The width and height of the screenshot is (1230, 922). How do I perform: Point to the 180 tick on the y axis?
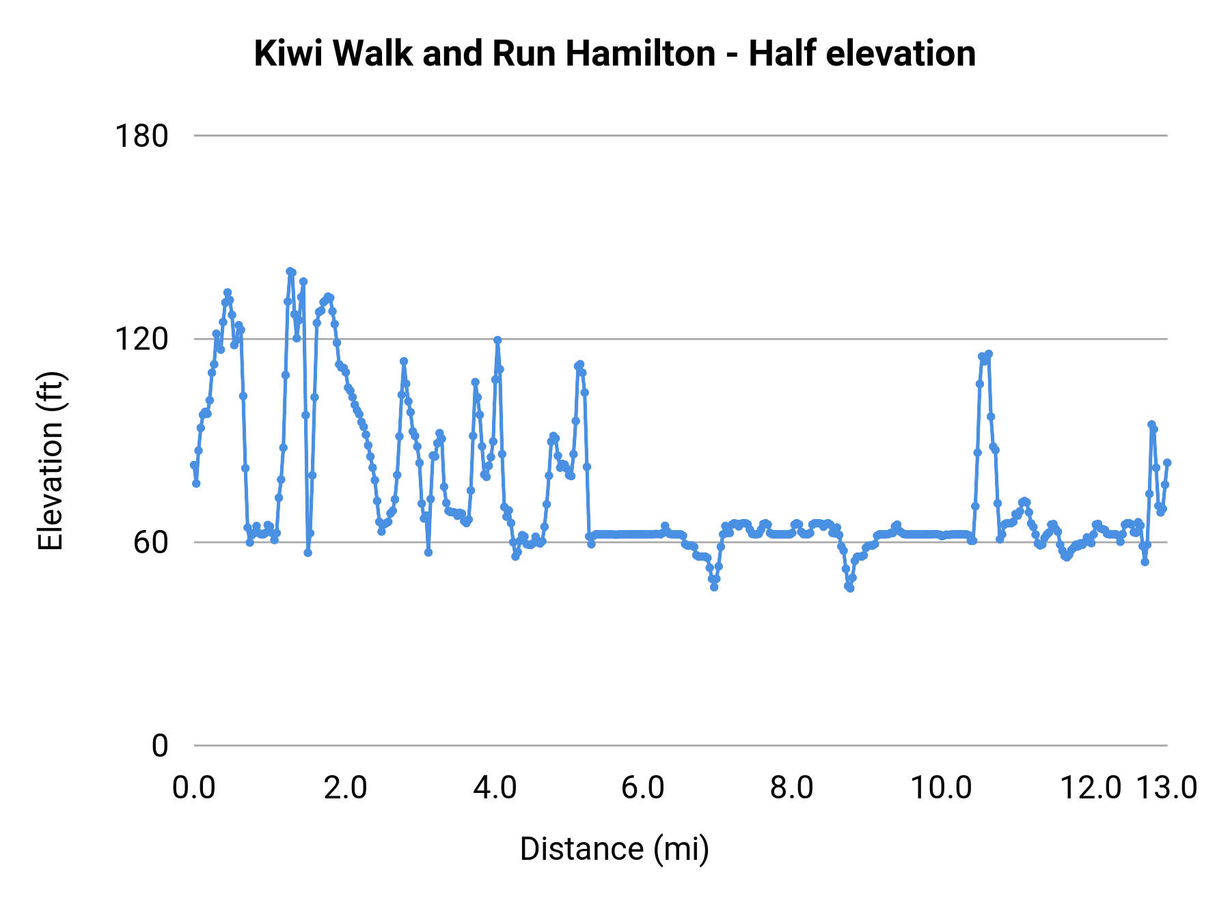point(141,136)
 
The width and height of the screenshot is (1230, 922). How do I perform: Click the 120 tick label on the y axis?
point(141,339)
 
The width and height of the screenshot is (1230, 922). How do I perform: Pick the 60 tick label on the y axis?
point(150,542)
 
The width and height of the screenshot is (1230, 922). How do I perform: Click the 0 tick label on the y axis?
point(159,746)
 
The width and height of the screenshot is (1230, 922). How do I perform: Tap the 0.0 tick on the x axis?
point(194,788)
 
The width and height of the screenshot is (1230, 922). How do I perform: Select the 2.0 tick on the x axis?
point(345,788)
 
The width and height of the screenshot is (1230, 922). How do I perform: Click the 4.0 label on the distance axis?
point(495,788)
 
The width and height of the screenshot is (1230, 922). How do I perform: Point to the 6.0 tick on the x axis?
point(643,788)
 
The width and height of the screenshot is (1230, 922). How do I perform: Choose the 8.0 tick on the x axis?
point(792,788)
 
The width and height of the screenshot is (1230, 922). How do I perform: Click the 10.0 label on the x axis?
point(941,788)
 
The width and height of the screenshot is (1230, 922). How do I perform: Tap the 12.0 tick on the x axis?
point(1091,788)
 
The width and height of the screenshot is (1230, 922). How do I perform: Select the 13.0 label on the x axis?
point(1166,788)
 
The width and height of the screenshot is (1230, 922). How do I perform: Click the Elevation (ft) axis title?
point(51,461)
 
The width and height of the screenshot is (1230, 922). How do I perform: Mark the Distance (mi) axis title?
point(614,849)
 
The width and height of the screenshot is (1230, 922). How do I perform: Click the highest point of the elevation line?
point(290,271)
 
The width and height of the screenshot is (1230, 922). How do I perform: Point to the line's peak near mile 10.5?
point(988,354)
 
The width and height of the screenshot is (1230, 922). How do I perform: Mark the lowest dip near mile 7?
point(714,587)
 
